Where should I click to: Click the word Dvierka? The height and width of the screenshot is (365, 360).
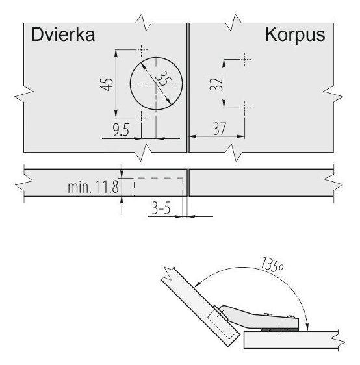[x=63, y=34]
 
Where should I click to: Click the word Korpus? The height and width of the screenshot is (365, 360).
[x=295, y=35]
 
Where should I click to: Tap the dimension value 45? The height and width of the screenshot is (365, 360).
[x=107, y=84]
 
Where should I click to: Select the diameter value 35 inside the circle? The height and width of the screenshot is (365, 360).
[x=163, y=78]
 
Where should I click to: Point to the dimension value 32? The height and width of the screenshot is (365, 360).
[x=216, y=84]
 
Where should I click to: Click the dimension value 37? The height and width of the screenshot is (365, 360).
[x=220, y=129]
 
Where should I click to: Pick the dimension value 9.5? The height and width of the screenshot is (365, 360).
[x=121, y=130]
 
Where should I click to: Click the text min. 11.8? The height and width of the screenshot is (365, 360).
[x=93, y=186]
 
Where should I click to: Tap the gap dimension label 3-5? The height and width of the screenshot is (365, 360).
[x=161, y=208]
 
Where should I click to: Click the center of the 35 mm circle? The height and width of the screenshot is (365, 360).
[x=156, y=84]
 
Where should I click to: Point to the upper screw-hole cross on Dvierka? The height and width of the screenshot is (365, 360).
[x=142, y=49]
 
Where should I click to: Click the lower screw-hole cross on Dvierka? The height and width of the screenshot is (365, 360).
[x=142, y=118]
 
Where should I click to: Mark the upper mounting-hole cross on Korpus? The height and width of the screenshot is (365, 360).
[x=244, y=60]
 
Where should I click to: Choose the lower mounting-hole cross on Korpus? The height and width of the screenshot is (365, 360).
[x=244, y=108]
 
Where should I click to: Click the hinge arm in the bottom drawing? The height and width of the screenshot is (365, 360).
[x=259, y=317]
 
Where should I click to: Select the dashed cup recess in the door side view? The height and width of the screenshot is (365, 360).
[x=159, y=186]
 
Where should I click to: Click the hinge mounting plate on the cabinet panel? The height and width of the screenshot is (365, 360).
[x=279, y=330]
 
